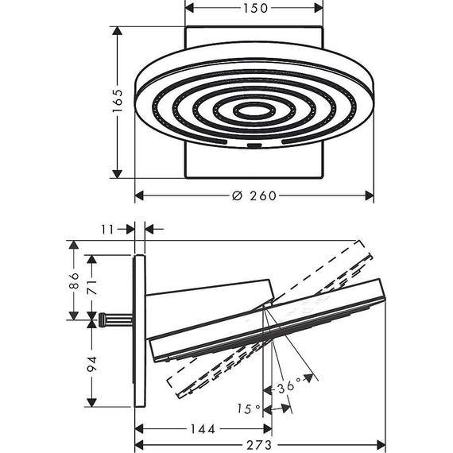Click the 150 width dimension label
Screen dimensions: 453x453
pos(256,9)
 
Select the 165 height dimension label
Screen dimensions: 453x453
pos(118,101)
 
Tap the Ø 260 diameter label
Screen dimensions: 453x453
pos(254,196)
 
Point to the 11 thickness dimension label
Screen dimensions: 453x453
pos(107,230)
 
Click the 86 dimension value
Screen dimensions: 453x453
pos(74,281)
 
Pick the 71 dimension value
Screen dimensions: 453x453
pos(92,287)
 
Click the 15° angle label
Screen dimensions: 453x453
pos(249,408)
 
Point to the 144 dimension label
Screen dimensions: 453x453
pos(203,429)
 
